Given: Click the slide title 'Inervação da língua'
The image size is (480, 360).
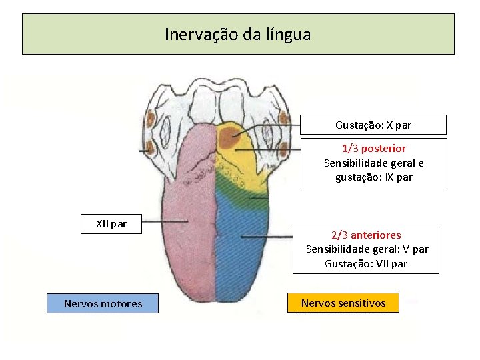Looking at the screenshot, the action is click(x=238, y=34).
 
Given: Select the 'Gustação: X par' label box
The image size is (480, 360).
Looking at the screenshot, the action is click(x=373, y=125).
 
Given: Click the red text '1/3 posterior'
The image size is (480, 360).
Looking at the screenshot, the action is click(x=373, y=148).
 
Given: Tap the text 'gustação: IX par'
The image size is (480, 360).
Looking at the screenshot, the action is click(x=373, y=177).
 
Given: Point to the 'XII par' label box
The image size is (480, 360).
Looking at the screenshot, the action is click(x=111, y=224).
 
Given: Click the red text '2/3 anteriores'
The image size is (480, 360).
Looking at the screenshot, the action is click(x=366, y=235).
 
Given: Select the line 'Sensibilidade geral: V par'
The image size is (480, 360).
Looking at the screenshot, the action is click(x=367, y=249).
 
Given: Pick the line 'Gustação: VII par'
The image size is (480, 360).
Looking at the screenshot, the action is click(x=366, y=264).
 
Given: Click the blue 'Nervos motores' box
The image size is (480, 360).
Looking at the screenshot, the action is click(x=103, y=304).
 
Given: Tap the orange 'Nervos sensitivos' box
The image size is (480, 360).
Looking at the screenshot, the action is click(x=343, y=303).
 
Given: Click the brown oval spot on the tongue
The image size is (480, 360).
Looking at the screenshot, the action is click(x=231, y=138).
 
